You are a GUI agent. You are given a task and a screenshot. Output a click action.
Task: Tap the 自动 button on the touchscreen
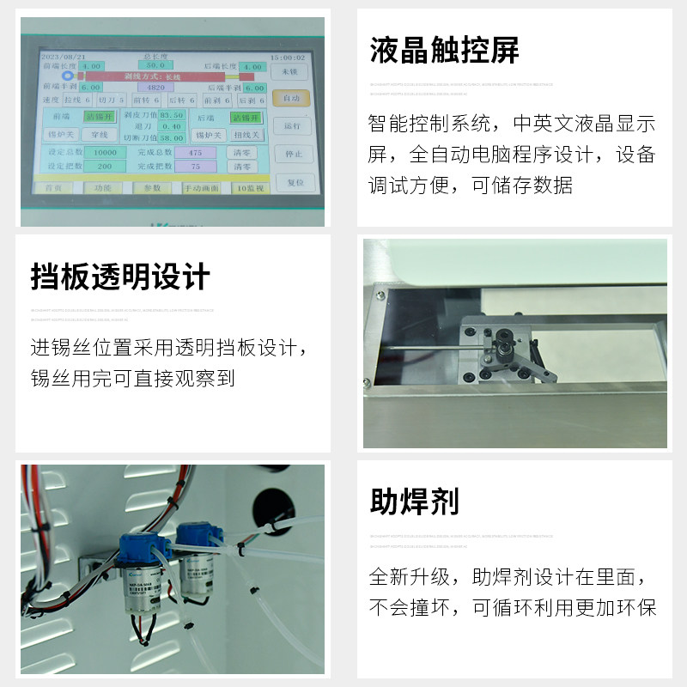[x=291, y=99]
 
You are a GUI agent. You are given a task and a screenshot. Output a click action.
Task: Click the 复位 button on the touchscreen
[x=295, y=182]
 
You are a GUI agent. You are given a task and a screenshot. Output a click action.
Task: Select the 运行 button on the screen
[x=292, y=126]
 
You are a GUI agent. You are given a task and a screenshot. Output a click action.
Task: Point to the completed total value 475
[x=195, y=152]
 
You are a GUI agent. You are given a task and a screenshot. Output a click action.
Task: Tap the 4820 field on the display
[x=155, y=88]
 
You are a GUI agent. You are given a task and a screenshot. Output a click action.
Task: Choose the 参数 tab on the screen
[x=152, y=187]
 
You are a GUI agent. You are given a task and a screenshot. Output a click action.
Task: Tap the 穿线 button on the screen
[x=100, y=135]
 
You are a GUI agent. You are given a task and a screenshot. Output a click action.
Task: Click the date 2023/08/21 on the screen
[x=62, y=56]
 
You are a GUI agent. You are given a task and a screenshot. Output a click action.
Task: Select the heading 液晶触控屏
[x=444, y=51]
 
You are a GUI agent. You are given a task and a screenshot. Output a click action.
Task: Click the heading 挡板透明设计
[x=120, y=277]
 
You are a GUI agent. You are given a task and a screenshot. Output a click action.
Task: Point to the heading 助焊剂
[x=414, y=501]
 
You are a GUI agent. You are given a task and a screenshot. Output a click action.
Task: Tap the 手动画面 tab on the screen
[x=200, y=187]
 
